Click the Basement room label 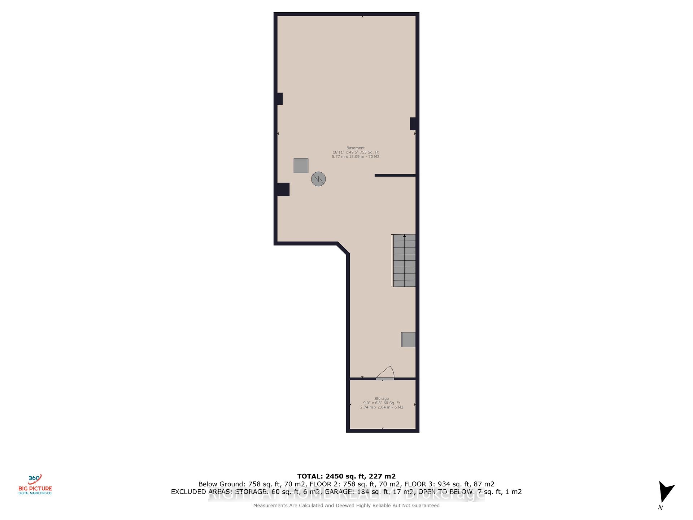pyautogui.click(x=356, y=148)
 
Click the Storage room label pyautogui.click(x=382, y=399)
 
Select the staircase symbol pyautogui.click(x=404, y=261)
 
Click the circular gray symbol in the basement pyautogui.click(x=318, y=179)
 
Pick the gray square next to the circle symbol pyautogui.click(x=301, y=166)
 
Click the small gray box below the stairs pyautogui.click(x=409, y=340)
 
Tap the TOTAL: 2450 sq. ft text pyautogui.click(x=346, y=476)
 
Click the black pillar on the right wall pyautogui.click(x=414, y=124)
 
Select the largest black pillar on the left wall pyautogui.click(x=283, y=189)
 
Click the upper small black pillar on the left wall pyautogui.click(x=279, y=99)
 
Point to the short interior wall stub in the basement pyautogui.click(x=395, y=175)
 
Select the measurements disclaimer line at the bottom pyautogui.click(x=346, y=506)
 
